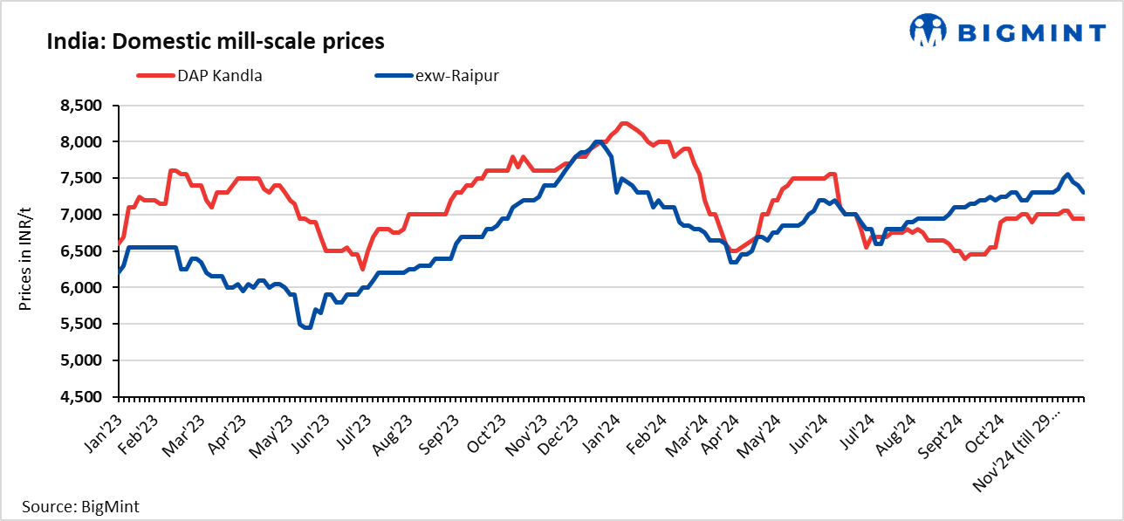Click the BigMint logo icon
(928, 30)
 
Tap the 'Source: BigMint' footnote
(80, 506)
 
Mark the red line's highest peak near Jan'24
(623, 123)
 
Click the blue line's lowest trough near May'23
(306, 327)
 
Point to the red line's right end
(1083, 218)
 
